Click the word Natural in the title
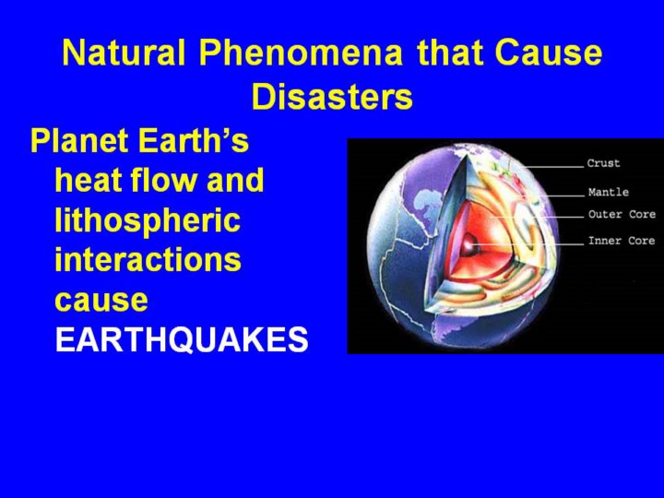pyautogui.click(x=124, y=53)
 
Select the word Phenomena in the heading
pyautogui.click(x=301, y=53)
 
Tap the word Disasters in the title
pyautogui.click(x=332, y=97)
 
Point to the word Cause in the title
pyautogui.click(x=548, y=53)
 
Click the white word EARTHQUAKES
pyautogui.click(x=182, y=339)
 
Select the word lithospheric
pyautogui.click(x=148, y=221)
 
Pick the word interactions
pyautogui.click(x=148, y=259)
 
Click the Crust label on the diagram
pyautogui.click(x=603, y=163)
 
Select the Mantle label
pyautogui.click(x=609, y=192)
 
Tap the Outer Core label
pyautogui.click(x=622, y=214)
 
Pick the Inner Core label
pyautogui.click(x=622, y=241)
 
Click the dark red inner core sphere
pyautogui.click(x=468, y=244)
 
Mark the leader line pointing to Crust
pyautogui.click(x=554, y=166)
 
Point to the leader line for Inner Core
pyautogui.click(x=528, y=244)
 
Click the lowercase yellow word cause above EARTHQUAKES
pyautogui.click(x=101, y=301)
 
